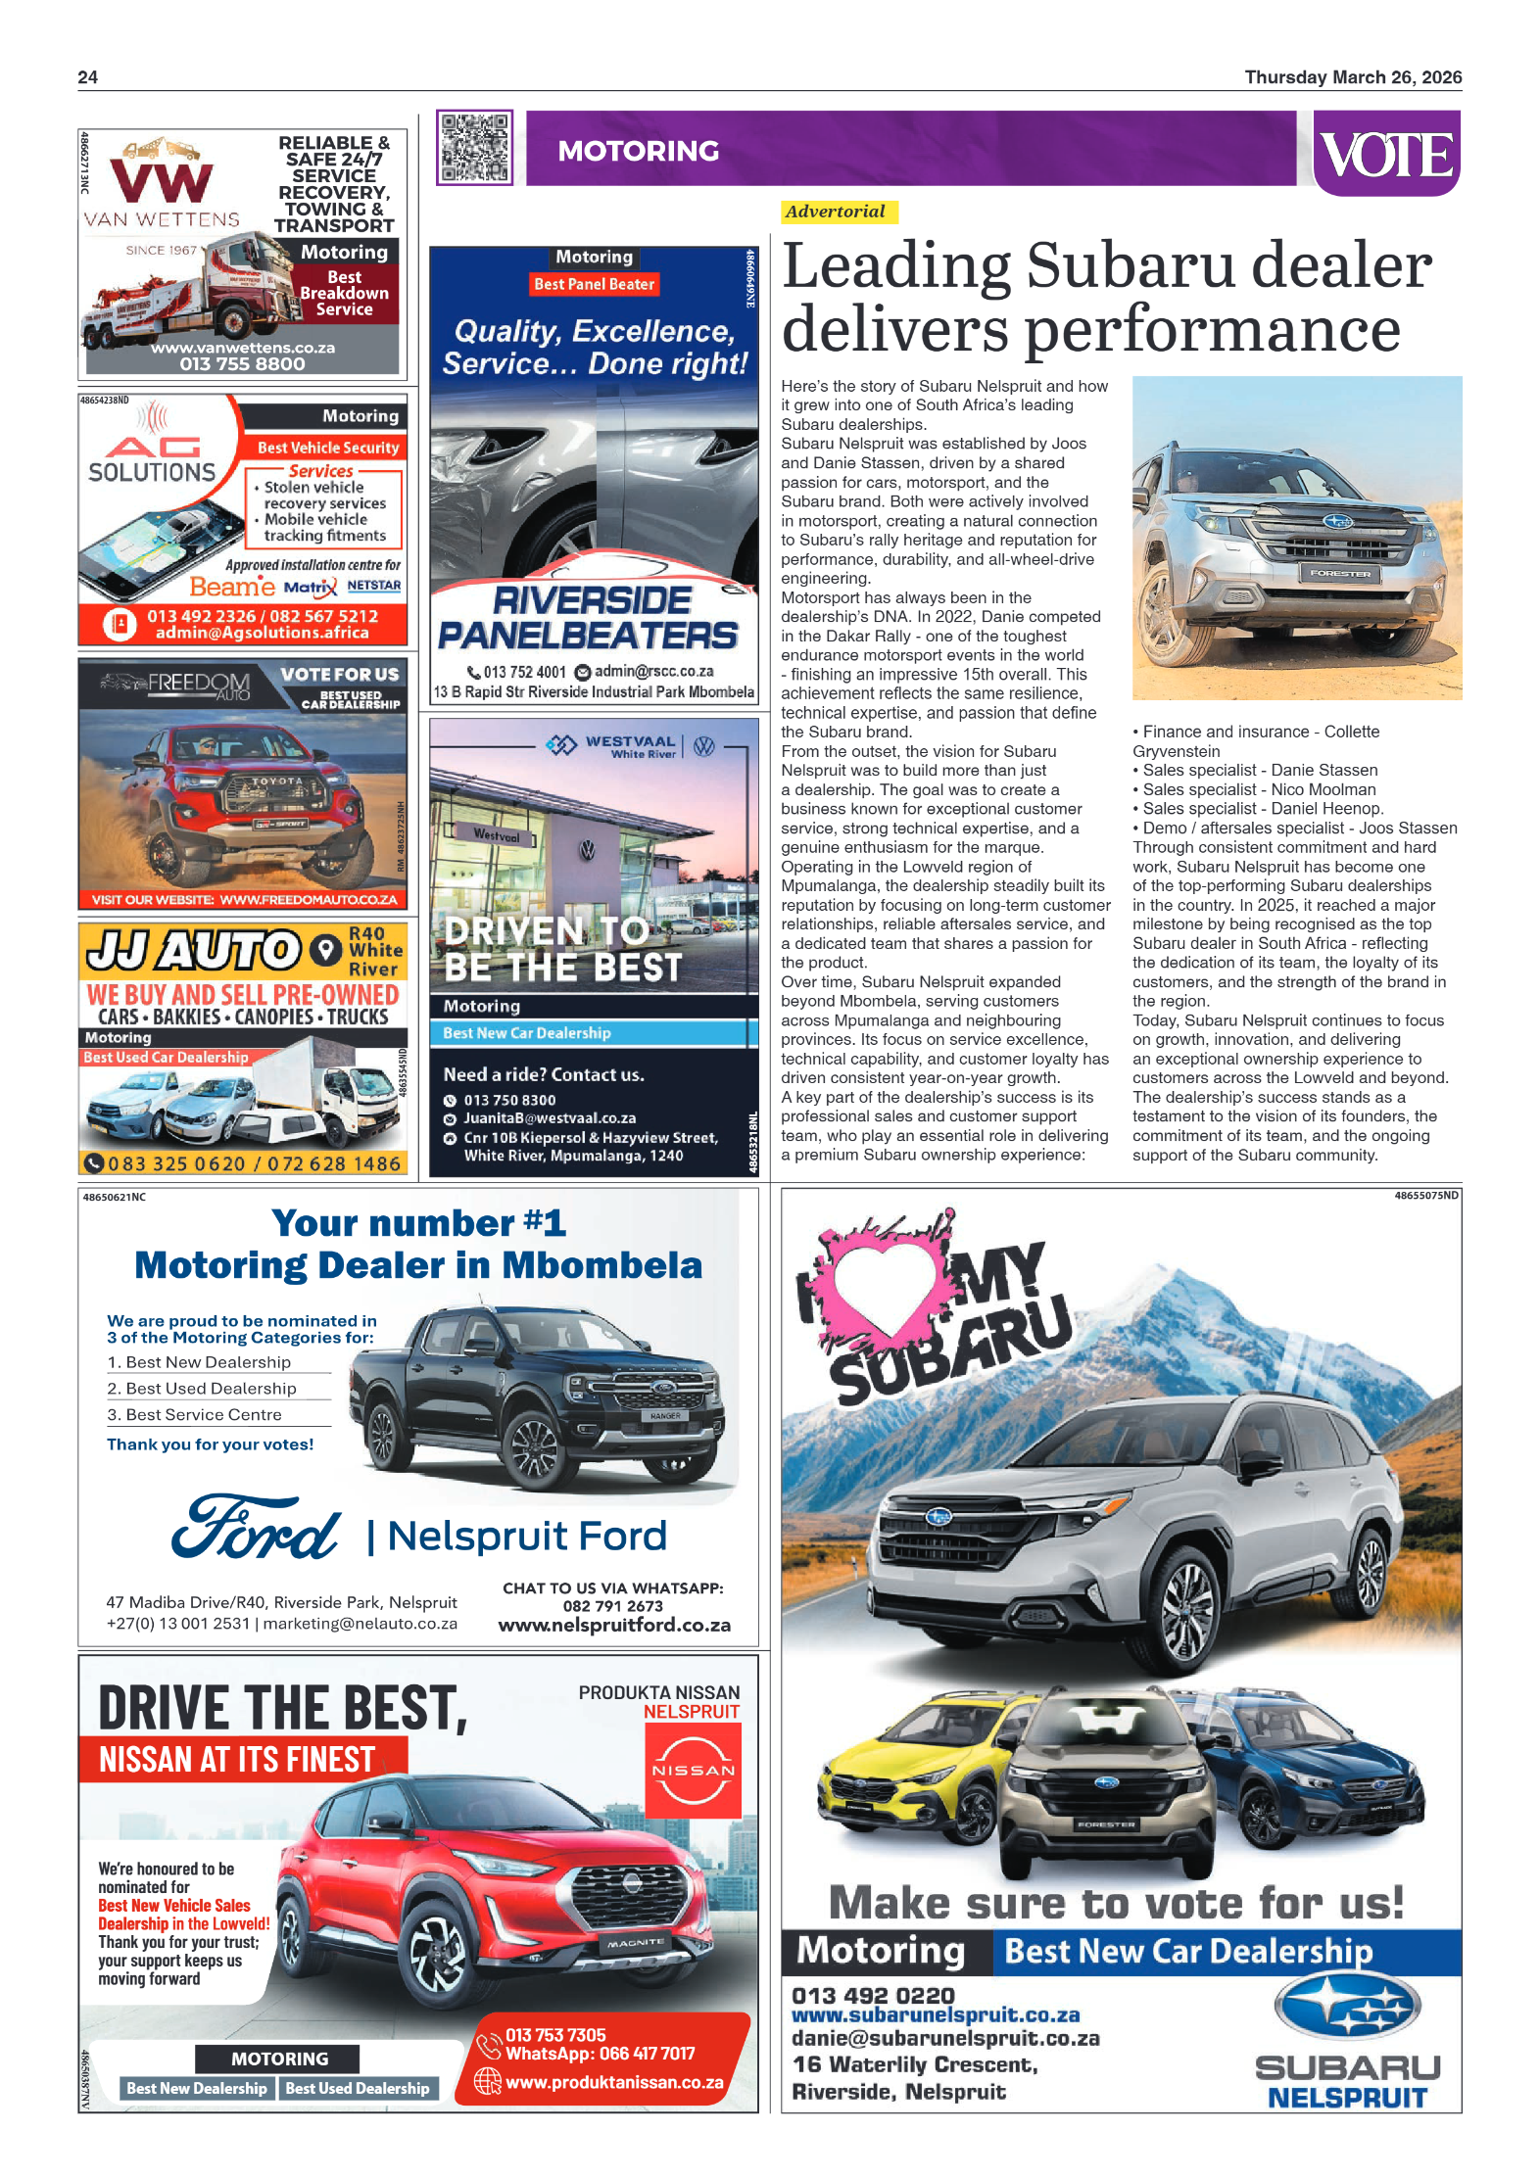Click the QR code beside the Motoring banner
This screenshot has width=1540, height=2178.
[474, 148]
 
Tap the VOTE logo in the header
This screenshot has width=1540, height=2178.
[1386, 154]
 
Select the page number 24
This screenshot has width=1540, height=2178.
[87, 77]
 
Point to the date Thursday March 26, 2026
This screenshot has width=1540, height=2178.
[1352, 77]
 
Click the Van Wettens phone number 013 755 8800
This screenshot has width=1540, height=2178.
[242, 364]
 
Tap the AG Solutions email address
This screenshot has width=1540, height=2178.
[262, 634]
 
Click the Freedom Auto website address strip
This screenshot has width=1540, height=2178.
[244, 899]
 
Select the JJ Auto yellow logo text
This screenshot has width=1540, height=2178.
[195, 950]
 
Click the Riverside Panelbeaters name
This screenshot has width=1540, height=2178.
[589, 618]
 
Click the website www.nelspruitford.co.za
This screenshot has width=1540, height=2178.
[614, 1625]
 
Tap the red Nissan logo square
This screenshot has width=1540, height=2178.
[693, 1771]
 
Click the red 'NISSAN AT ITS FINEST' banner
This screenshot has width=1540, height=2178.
[237, 1760]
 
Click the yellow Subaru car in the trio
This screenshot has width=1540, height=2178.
[916, 1758]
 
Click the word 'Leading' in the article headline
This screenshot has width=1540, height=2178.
[896, 267]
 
